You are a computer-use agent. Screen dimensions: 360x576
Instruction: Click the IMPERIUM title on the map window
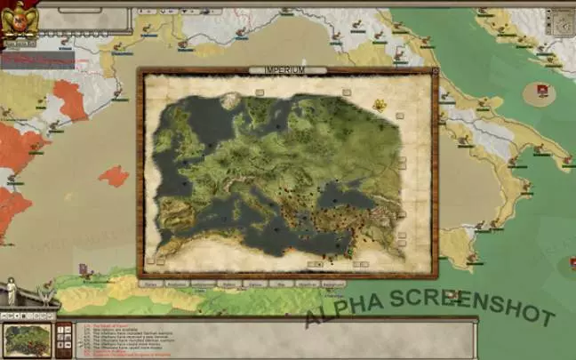coord(284,70)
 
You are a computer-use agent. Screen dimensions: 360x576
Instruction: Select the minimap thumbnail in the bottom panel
coord(28,340)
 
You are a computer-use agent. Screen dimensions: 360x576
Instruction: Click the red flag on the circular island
coord(540,90)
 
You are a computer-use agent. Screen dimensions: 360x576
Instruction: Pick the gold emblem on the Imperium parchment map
coord(380,106)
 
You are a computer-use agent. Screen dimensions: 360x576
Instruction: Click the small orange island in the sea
coord(113,175)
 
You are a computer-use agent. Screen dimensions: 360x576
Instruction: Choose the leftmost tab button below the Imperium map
coord(152,284)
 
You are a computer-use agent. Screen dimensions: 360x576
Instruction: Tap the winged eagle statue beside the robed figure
coord(36,293)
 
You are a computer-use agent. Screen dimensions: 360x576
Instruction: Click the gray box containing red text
coord(37,60)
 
